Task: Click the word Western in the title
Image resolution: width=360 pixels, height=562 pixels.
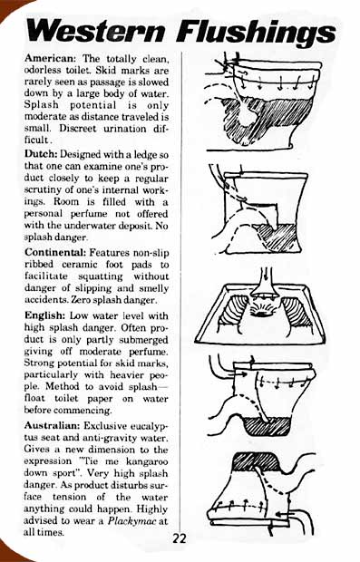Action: click(96, 31)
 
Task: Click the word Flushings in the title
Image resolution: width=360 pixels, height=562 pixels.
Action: click(257, 32)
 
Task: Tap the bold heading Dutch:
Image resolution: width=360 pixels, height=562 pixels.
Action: click(41, 154)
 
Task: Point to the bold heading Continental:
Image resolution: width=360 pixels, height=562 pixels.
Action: click(55, 252)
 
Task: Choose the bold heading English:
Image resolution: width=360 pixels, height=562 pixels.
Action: click(44, 315)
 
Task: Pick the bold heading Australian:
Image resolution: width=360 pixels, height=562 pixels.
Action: click(53, 426)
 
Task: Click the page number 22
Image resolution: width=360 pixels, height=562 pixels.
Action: click(180, 538)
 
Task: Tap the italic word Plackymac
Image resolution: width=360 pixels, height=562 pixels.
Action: click(132, 521)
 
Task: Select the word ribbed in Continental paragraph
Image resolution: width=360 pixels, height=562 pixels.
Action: click(39, 264)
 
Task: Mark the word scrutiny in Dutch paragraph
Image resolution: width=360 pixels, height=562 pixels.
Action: click(42, 189)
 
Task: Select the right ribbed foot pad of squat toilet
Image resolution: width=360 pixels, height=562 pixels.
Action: click(297, 312)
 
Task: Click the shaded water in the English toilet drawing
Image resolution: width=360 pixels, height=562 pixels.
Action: click(266, 426)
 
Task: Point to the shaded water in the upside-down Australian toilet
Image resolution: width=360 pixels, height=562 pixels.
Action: click(257, 461)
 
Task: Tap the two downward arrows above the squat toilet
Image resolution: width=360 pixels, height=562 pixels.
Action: click(265, 275)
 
